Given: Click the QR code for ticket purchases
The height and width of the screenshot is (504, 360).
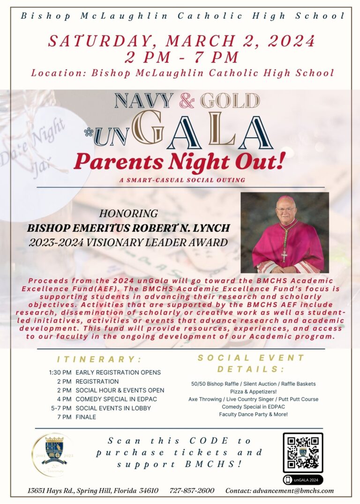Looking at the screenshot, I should [302, 452].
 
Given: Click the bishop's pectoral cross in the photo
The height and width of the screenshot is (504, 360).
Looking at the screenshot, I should [284, 256].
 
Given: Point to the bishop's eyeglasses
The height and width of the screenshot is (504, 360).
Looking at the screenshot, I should [285, 209].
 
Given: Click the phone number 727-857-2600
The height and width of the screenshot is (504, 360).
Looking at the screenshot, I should [192, 490].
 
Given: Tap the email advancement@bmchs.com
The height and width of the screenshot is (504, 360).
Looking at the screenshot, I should [279, 490].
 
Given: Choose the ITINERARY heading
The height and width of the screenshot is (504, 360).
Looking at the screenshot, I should [99, 359].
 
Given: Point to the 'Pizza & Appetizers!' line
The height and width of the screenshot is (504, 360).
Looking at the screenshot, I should [253, 391].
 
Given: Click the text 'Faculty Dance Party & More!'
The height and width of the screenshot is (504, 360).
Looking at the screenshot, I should [253, 414].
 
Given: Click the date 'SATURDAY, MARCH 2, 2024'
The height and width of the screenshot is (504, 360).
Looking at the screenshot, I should [181, 41].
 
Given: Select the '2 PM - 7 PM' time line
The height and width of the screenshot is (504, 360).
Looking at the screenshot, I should [181, 58].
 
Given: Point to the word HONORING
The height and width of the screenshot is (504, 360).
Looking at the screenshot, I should [128, 214].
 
